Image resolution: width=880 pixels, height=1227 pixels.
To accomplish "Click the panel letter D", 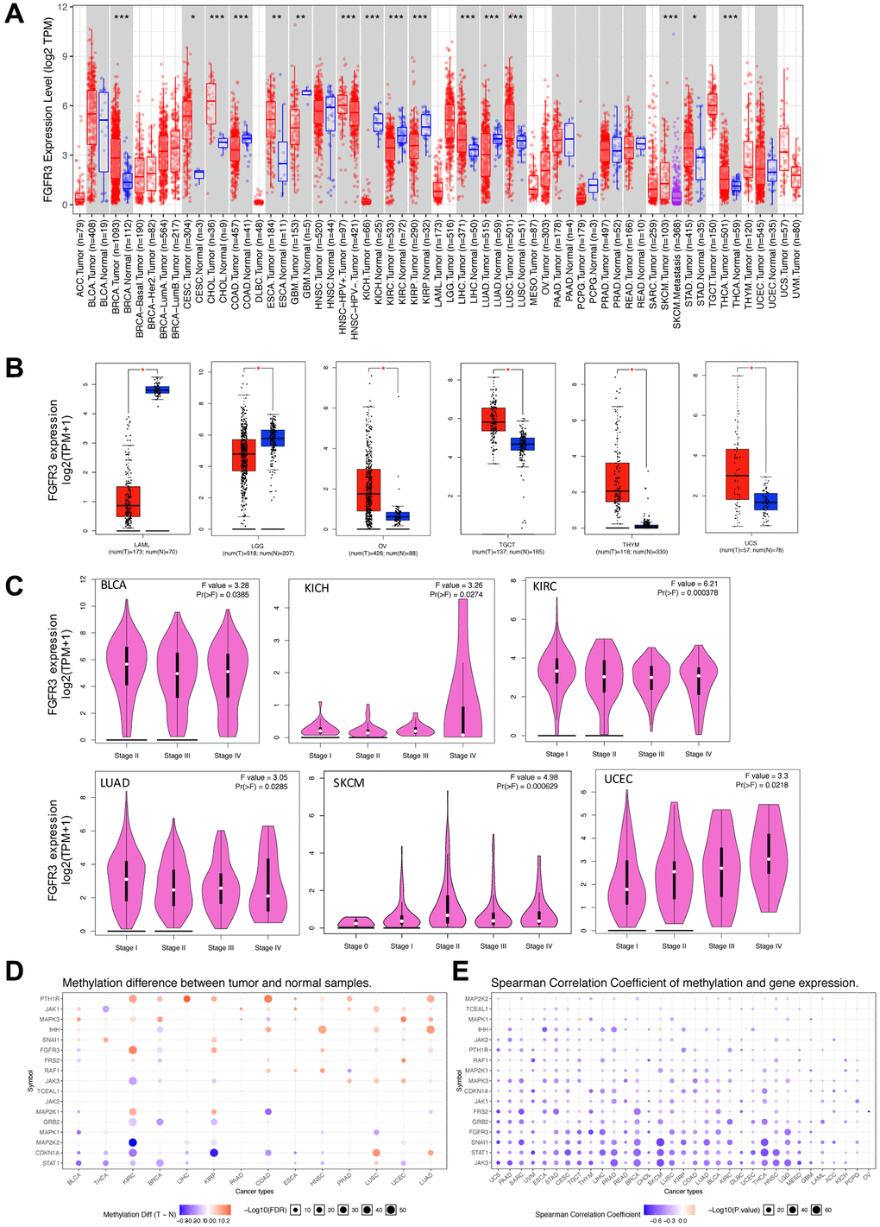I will point(14,971).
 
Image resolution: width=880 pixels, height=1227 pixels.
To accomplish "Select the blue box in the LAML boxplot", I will point(157,390).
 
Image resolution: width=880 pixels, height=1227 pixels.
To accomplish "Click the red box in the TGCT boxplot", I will point(493,420).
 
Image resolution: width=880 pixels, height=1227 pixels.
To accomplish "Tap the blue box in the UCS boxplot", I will point(765,502).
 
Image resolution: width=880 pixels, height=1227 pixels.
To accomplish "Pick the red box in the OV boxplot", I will point(368,490).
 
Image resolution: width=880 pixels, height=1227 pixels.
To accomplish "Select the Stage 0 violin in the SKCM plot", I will point(353,922).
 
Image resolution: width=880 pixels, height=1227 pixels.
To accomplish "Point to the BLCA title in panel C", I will point(113,585).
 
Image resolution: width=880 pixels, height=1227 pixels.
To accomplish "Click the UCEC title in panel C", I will point(619,779).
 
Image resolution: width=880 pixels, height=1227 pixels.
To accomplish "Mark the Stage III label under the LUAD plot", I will point(220,947).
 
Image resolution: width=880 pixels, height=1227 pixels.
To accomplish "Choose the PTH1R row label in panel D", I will point(47,999).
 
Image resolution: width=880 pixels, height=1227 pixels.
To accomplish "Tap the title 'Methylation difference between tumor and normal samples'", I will point(217,983).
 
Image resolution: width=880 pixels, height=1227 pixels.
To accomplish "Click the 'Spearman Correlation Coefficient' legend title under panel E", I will point(587,1214).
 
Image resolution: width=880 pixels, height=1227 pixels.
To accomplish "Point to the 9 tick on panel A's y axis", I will point(62,57).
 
